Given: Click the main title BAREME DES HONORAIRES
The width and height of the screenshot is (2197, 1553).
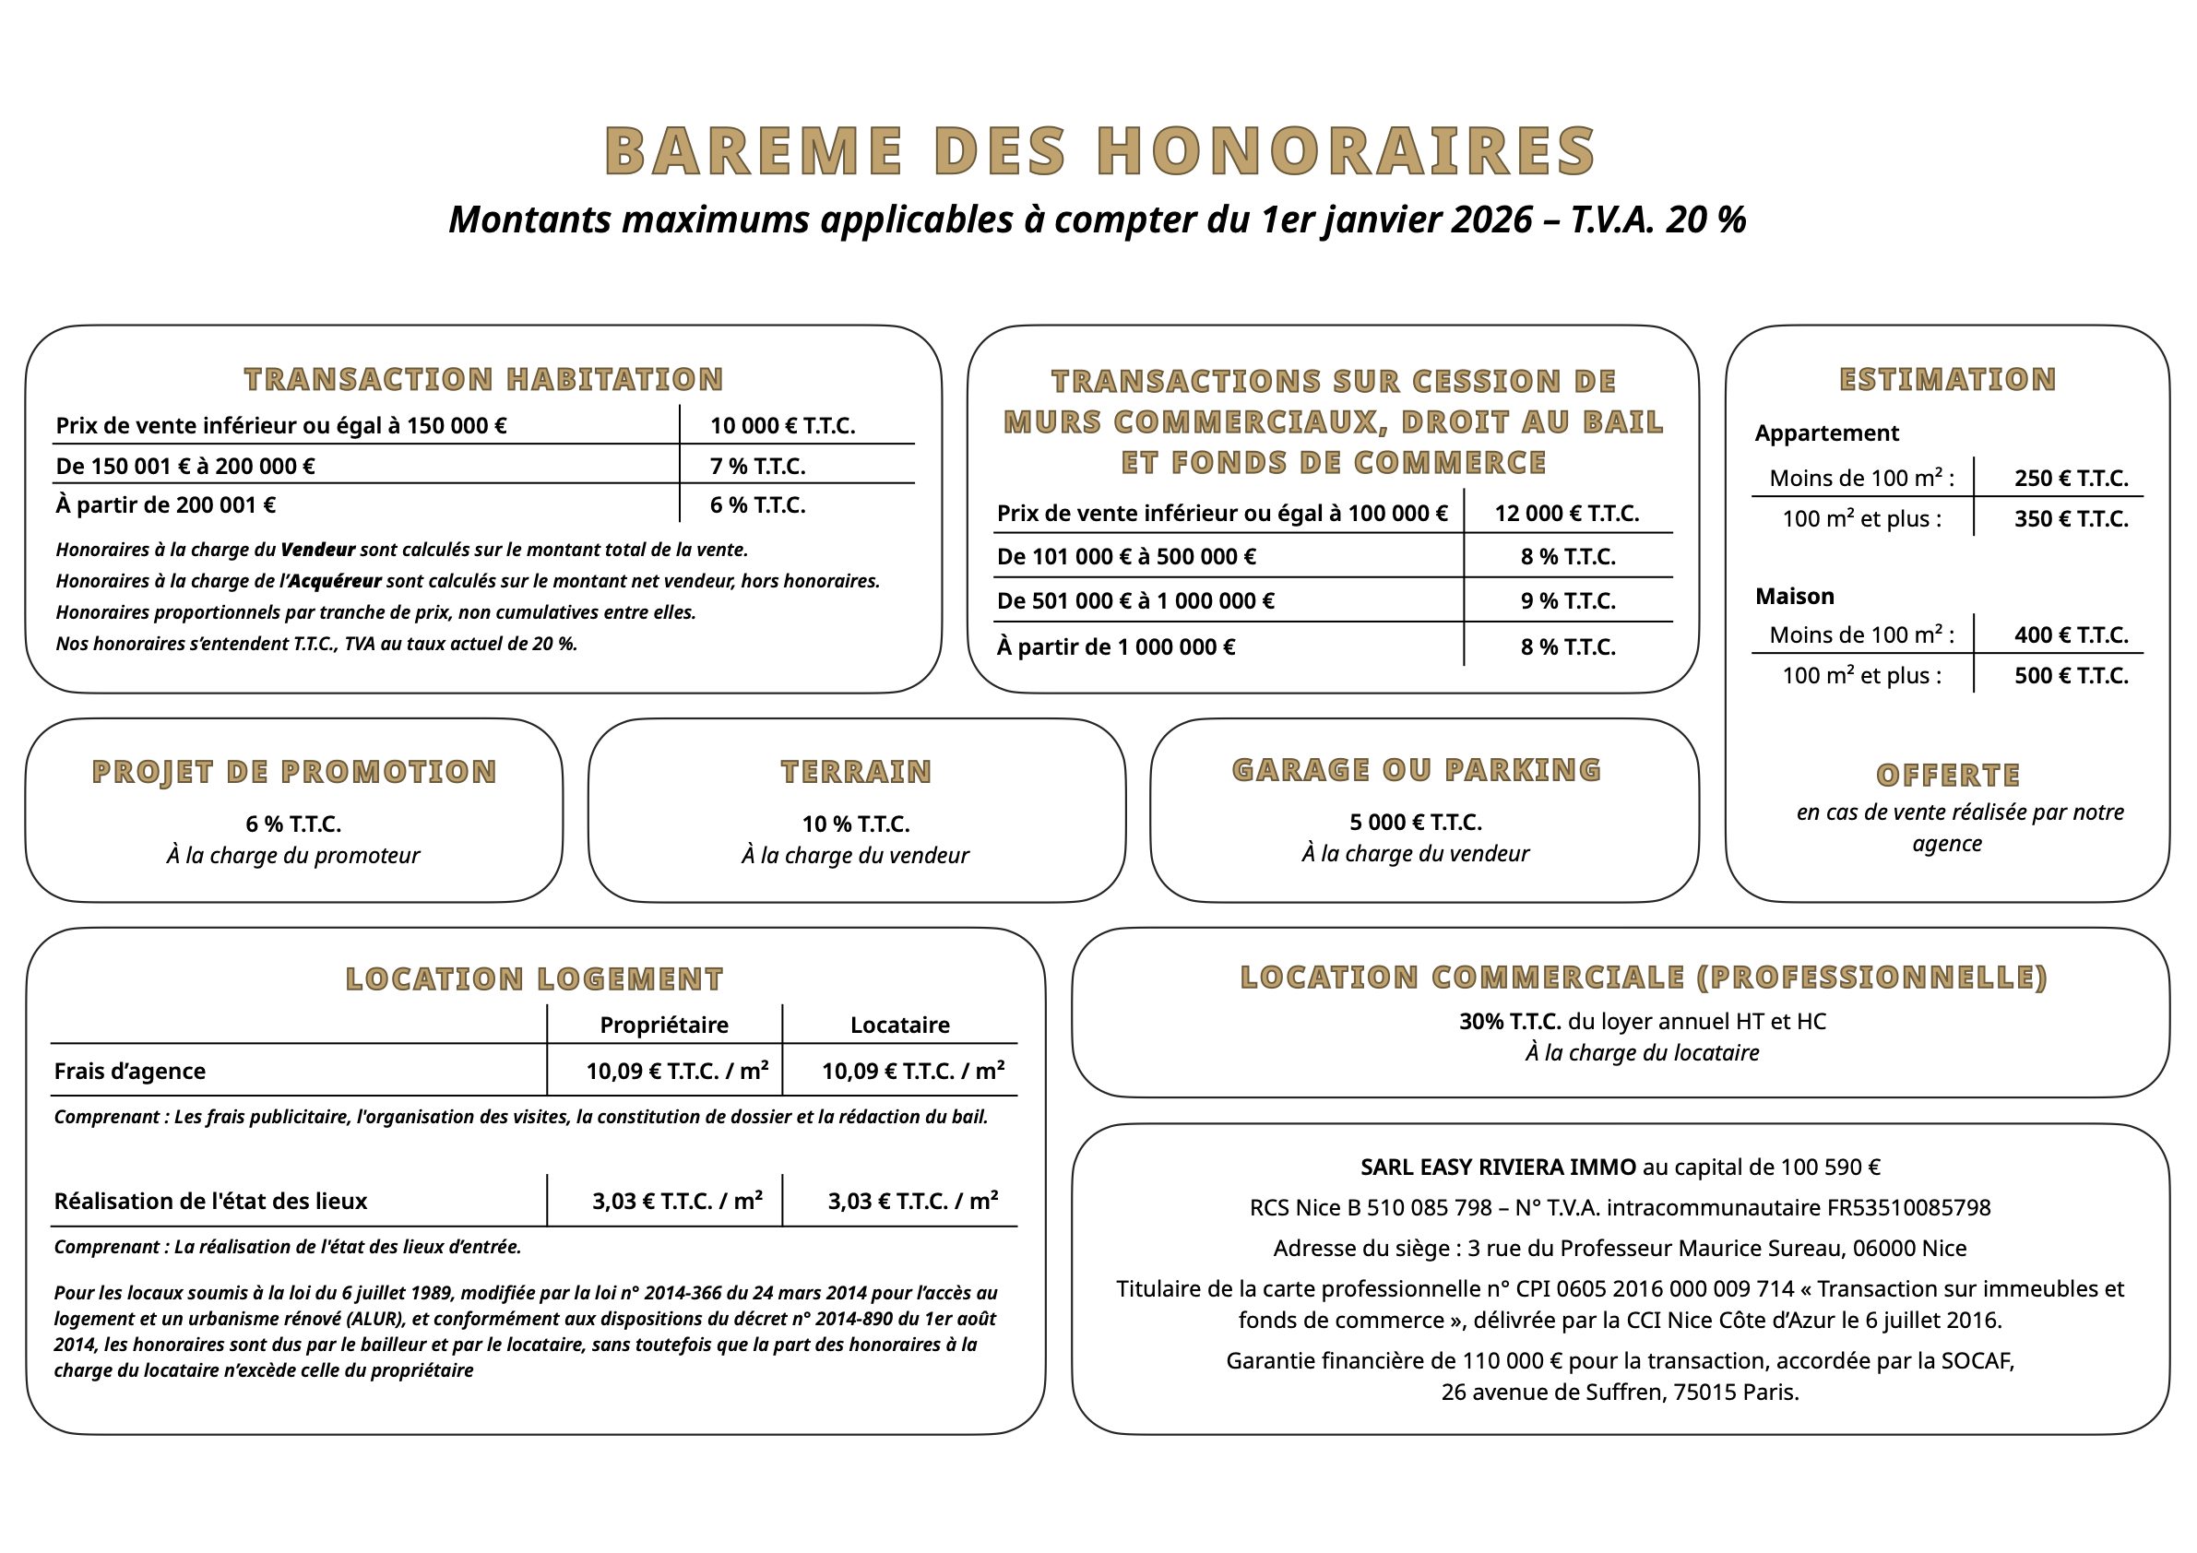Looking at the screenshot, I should pos(1099,151).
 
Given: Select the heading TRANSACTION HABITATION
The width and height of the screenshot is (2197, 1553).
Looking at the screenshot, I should pos(483,379).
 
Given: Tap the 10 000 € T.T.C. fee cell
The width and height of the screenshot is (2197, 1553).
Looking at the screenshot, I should pos(782,426).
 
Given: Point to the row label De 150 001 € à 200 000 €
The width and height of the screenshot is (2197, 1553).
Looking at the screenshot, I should pos(184,466).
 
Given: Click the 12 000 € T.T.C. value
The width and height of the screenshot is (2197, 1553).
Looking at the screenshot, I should pos(1566,514).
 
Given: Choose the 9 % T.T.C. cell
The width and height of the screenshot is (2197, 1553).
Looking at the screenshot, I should pos(1567,601).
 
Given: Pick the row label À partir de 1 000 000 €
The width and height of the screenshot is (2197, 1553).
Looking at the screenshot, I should pos(1116,646).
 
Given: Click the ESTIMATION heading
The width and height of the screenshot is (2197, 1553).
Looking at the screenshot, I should pos(1947,379).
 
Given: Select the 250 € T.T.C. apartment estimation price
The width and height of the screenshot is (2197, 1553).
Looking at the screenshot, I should pos(2071,479).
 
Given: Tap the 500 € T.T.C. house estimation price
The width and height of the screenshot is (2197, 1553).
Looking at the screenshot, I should pos(2071,676).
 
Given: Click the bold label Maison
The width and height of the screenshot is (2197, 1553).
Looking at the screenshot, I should pos(1794,596).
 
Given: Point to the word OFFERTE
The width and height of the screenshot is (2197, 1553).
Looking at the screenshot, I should pos(1947,774).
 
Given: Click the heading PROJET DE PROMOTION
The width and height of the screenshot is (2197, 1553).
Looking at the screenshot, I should pos(293,771).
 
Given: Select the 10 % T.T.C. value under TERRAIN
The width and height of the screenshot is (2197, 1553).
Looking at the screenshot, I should pos(855,824).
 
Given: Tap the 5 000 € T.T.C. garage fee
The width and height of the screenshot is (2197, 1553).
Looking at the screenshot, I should pos(1415,822).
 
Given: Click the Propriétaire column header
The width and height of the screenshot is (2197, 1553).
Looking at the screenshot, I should pos(664,1025).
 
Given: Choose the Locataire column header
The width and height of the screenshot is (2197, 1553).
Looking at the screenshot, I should pos(899,1025).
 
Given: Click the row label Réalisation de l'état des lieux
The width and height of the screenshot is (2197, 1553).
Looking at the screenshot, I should pos(210,1201).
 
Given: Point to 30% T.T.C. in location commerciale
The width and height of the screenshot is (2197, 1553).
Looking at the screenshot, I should pos(1509,1021).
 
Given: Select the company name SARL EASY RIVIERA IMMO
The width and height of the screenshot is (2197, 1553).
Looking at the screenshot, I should pos(1498,1167).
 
